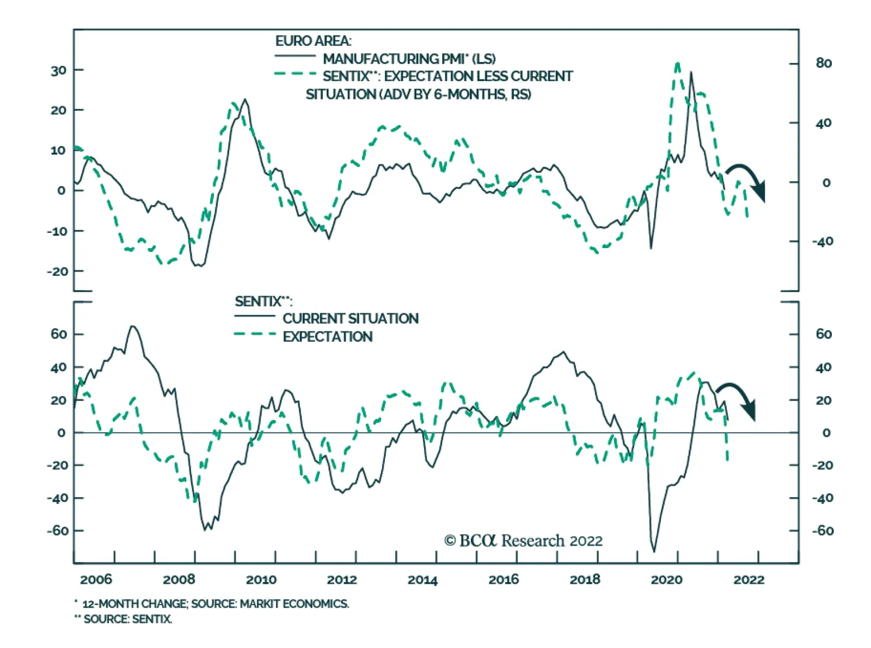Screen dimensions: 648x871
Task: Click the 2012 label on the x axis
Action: [341, 580]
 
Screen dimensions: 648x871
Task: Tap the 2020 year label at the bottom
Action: [666, 580]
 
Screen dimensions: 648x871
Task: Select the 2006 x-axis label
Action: [96, 580]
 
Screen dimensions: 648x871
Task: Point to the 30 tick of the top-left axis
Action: [59, 70]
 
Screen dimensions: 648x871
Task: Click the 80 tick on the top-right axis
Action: [824, 64]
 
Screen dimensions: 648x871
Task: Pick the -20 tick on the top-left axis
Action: [57, 271]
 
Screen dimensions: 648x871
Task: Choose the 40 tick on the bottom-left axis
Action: [58, 367]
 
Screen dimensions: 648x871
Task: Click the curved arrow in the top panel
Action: [749, 180]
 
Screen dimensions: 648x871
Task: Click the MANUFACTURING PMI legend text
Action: [409, 59]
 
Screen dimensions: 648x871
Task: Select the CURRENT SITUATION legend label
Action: [351, 319]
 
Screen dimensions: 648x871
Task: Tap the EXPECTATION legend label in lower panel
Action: [328, 337]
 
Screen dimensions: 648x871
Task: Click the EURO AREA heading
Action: [313, 41]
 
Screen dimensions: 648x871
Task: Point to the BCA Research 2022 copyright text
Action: [524, 541]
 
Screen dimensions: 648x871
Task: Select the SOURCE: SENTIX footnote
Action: [127, 619]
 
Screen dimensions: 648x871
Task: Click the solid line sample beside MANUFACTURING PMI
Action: [295, 56]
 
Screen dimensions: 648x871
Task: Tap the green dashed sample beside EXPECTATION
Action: [255, 334]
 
